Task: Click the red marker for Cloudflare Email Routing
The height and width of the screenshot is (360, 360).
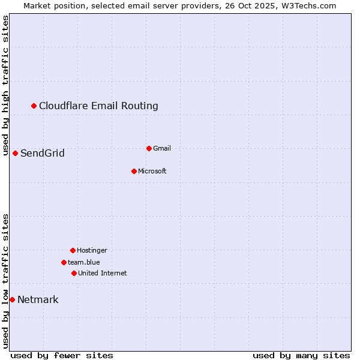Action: (34, 106)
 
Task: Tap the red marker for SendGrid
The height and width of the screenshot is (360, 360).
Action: (16, 153)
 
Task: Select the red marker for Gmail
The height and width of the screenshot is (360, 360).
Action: (149, 148)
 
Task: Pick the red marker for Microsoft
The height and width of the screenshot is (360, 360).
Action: (134, 171)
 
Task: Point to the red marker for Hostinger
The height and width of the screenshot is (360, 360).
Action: (73, 250)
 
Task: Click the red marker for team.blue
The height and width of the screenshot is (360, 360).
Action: (64, 262)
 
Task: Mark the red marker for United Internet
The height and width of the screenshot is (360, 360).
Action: (74, 273)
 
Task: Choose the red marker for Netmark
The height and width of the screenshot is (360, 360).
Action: (12, 299)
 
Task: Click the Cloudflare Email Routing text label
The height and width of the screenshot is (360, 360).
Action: (98, 106)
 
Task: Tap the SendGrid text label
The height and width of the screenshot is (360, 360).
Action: (43, 153)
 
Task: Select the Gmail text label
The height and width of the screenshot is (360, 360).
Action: (162, 148)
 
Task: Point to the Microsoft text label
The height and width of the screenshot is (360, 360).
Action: (152, 171)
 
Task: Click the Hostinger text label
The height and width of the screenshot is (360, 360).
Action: (92, 250)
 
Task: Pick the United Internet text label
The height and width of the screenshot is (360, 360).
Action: (102, 273)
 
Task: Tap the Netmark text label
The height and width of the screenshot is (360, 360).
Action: (38, 299)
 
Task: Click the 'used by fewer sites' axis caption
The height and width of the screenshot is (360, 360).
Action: (62, 355)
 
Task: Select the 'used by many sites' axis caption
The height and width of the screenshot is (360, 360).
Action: (301, 355)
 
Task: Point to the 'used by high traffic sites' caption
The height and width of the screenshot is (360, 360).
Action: (5, 85)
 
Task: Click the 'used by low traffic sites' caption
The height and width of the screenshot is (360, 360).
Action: (5, 281)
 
